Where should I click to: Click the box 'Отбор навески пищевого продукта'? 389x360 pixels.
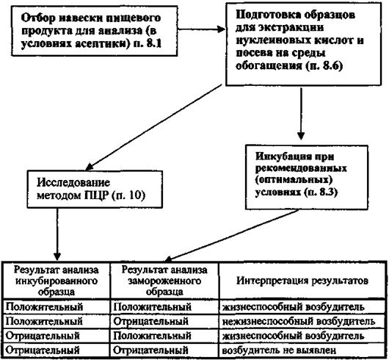click(x=94, y=31)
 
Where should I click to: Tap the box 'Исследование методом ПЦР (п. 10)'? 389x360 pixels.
click(x=95, y=189)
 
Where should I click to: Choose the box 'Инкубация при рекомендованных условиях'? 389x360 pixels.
click(x=307, y=177)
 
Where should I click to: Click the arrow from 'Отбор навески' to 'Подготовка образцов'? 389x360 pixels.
click(x=201, y=29)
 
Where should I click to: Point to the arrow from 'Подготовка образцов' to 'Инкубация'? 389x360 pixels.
click(x=301, y=113)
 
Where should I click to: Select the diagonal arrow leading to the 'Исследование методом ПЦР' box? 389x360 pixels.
click(x=153, y=128)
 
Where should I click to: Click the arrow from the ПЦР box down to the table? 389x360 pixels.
click(x=57, y=234)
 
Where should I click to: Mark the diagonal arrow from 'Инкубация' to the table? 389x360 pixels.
click(x=231, y=236)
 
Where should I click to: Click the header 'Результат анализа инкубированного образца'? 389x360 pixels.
click(x=56, y=281)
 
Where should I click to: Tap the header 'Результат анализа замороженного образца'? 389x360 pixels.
click(x=164, y=281)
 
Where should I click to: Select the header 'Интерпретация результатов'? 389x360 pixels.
click(x=302, y=281)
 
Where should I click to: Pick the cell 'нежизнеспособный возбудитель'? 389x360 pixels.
click(x=299, y=322)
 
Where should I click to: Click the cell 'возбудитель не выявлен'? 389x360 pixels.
click(x=279, y=350)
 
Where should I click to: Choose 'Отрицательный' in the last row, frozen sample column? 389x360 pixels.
click(x=150, y=350)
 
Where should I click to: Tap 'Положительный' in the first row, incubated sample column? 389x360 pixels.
click(x=44, y=307)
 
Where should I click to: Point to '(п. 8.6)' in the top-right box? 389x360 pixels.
click(x=324, y=66)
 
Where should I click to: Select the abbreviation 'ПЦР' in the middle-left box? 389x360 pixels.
click(x=96, y=195)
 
